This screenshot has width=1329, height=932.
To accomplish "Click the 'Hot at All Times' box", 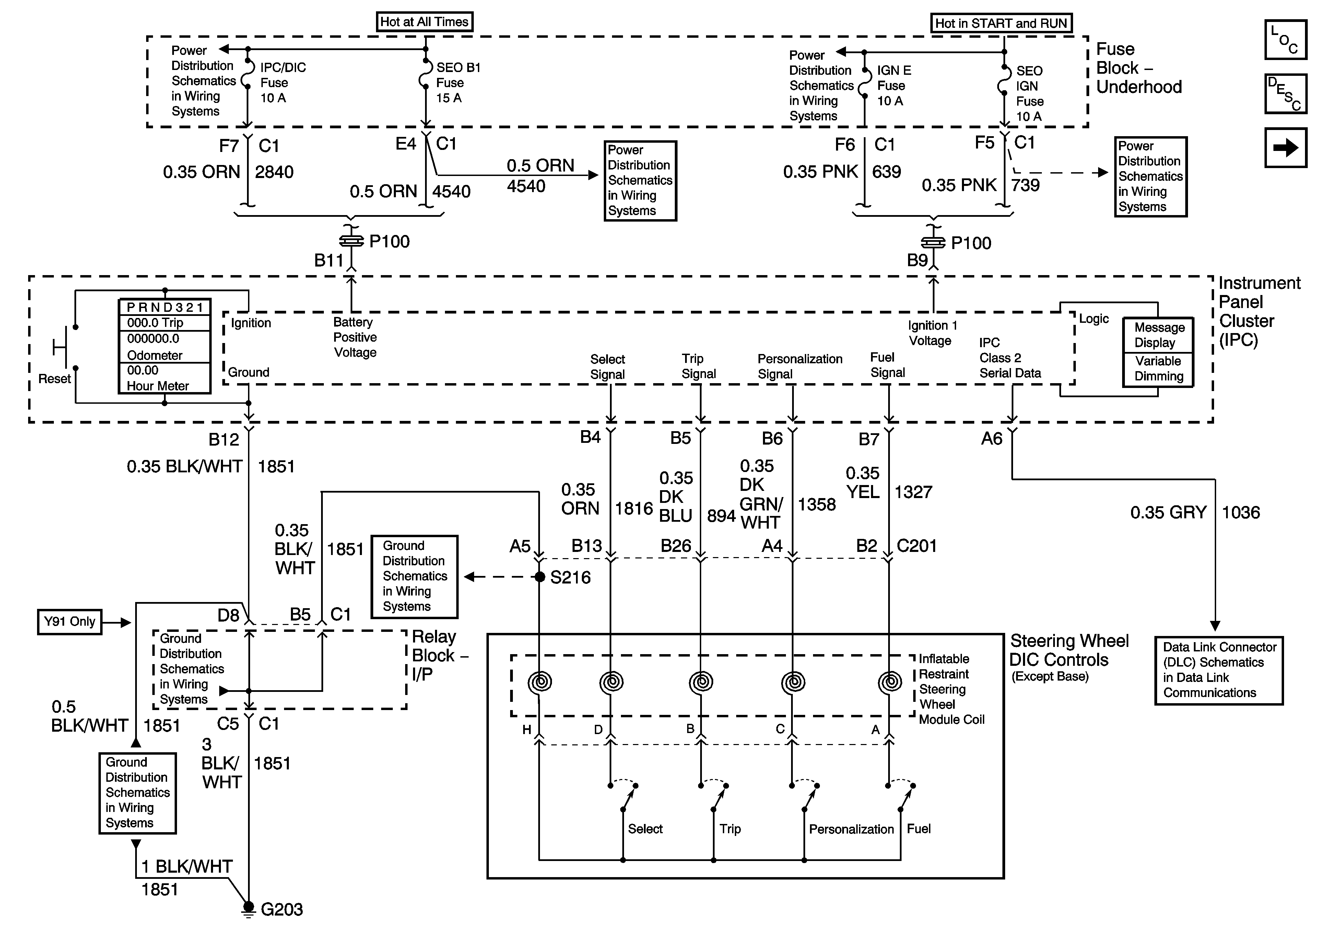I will pos(424,22).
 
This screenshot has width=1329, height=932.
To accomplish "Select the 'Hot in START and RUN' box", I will pos(1001,23).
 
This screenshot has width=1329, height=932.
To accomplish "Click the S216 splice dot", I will pos(540,577).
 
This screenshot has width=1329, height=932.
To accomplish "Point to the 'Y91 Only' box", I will pos(69,622).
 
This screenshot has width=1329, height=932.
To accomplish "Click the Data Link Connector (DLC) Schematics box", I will pos(1219,670).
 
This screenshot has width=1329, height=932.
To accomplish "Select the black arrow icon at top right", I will pos(1285,148).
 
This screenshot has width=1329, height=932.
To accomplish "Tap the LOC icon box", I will pos(1285,40).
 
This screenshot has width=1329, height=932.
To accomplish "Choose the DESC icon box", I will pos(1285,94).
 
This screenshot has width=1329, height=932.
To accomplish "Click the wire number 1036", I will pos(1240,512).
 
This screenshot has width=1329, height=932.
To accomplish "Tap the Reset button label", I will pos(55,379).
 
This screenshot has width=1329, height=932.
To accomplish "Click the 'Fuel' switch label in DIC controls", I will pos(919,828).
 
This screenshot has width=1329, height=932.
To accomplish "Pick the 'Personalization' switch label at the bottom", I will pos(851,829).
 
